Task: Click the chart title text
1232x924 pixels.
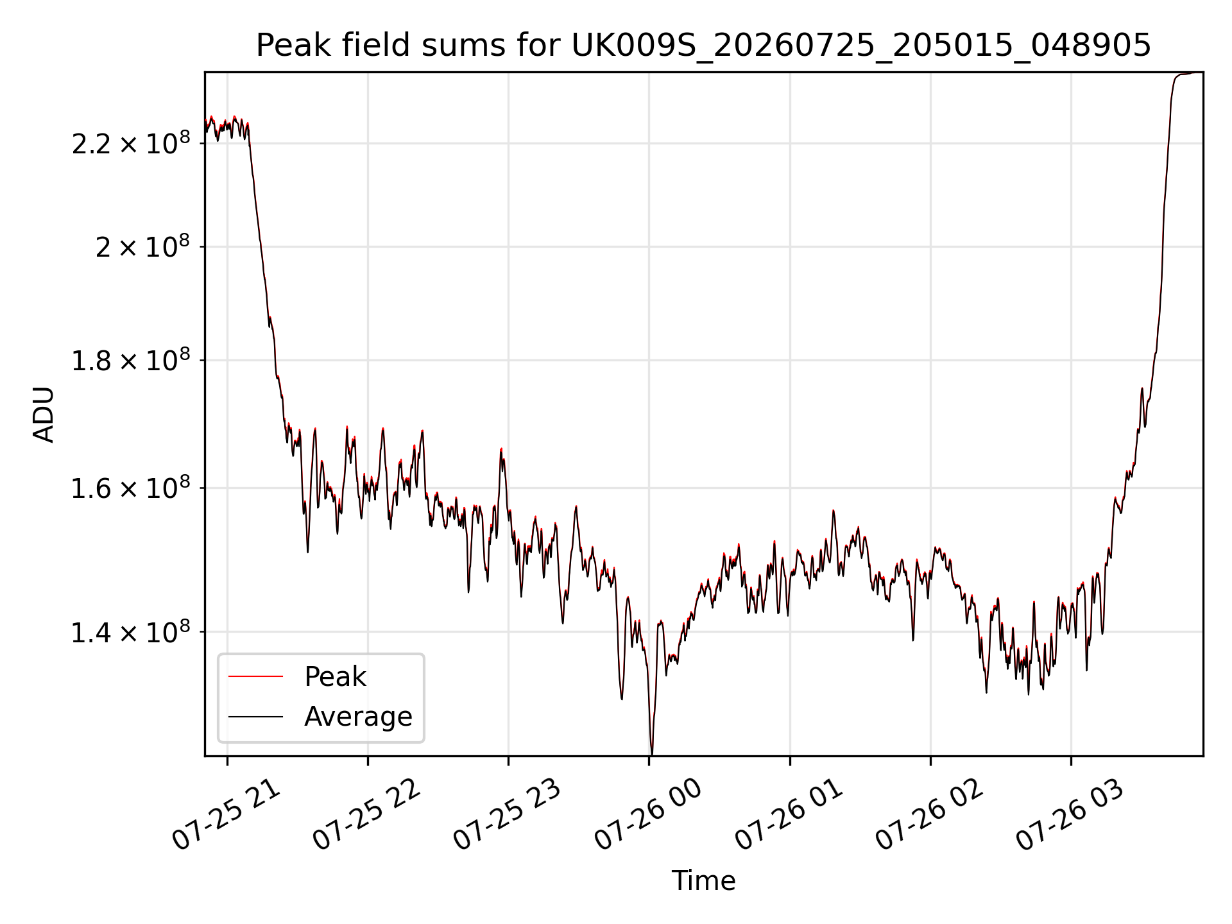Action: tap(703, 46)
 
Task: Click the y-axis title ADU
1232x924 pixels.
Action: tap(44, 415)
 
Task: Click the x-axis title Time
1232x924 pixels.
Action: tap(703, 881)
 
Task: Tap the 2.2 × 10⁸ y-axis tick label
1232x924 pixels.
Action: tap(131, 142)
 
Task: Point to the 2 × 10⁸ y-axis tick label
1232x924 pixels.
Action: tap(143, 246)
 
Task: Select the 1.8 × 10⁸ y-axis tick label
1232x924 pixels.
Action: tap(131, 360)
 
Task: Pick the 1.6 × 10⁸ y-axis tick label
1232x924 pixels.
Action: tap(131, 488)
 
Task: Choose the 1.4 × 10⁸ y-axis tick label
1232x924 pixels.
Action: tap(131, 632)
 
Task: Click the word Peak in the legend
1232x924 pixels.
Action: tap(335, 677)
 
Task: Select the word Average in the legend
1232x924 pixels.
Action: tap(358, 717)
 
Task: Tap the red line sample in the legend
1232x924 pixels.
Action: tap(255, 676)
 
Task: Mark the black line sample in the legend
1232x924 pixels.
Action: tap(255, 716)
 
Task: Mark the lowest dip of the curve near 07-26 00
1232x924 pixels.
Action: tap(652, 754)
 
